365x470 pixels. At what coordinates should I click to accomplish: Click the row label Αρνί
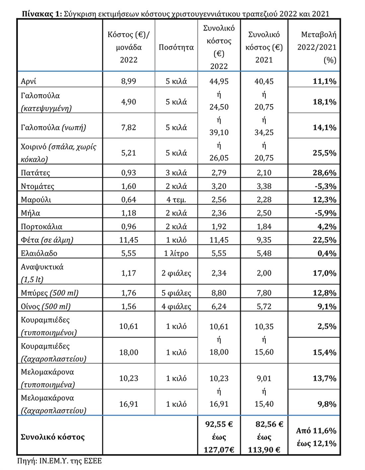29,81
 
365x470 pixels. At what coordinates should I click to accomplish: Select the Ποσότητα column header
176,47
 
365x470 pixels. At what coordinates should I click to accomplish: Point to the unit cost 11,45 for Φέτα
129,240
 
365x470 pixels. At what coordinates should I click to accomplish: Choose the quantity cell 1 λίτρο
176,253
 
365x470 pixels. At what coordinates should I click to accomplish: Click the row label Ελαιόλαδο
39,253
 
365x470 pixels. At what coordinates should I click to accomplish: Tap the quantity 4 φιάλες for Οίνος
176,306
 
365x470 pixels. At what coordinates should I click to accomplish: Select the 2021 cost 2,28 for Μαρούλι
264,199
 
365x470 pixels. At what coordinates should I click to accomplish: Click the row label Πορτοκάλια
41,226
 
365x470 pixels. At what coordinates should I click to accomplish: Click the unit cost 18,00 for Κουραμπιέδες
129,352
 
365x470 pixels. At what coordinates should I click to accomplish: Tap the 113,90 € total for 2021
264,450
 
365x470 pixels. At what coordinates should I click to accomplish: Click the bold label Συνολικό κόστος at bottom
52,437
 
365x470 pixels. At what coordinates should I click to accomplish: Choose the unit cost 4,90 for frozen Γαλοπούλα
129,102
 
